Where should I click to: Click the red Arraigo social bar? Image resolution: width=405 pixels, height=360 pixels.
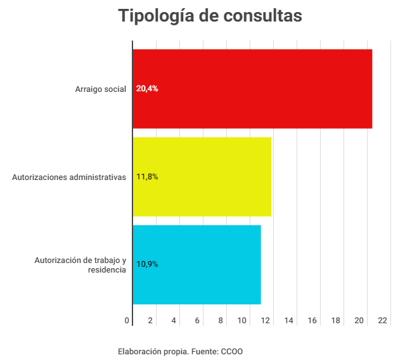pos(252,89)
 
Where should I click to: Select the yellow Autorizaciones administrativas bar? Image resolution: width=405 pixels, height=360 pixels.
pos(202,177)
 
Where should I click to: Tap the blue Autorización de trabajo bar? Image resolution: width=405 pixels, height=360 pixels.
pos(196,264)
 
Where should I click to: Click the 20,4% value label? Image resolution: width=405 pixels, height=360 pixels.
pos(147,89)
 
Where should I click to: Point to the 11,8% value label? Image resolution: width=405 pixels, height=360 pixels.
pos(147,177)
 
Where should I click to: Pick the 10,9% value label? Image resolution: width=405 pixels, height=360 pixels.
pos(147,264)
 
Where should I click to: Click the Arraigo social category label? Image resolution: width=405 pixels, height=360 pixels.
pos(101,89)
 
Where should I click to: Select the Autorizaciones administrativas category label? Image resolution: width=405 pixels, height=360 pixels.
pos(69,177)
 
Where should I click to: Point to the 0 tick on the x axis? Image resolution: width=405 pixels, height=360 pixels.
pos(127,321)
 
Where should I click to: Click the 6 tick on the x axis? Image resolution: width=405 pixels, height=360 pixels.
pos(197,321)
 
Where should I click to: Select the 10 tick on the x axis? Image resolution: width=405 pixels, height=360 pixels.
pos(242,321)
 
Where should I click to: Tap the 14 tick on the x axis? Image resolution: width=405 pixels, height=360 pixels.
pos(289,321)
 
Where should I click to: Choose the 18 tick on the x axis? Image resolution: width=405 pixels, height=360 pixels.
pos(335,321)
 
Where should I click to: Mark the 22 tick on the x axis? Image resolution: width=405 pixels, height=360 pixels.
pos(382,321)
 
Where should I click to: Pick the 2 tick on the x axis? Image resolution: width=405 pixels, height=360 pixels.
pos(150,321)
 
